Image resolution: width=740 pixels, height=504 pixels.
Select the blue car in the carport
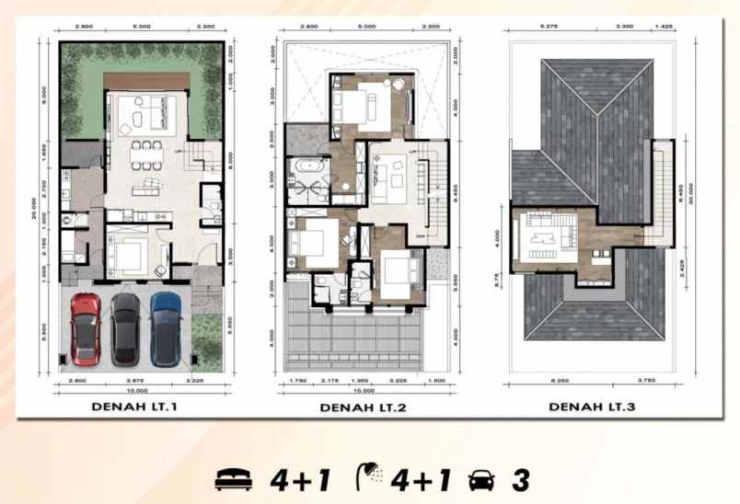pos(166,328)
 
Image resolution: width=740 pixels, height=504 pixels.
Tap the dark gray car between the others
pos(125,329)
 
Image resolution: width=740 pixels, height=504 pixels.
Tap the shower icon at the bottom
pos(368,476)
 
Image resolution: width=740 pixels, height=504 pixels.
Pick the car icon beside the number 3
pos(480,479)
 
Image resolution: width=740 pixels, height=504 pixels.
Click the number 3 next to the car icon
pos(521,478)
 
